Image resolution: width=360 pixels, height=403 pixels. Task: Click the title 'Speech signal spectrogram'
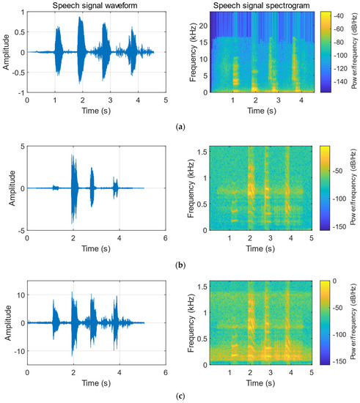click(x=256, y=6)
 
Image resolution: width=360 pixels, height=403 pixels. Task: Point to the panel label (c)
click(x=180, y=396)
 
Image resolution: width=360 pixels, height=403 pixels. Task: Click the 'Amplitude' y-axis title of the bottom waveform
click(x=6, y=322)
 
